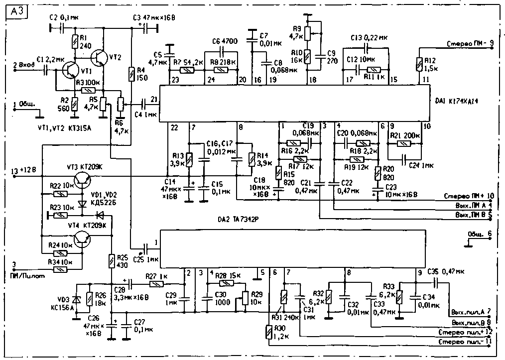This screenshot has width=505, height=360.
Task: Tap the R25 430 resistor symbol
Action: pyautogui.click(x=112, y=260)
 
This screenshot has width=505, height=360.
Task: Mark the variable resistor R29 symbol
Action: pyautogui.click(x=245, y=298)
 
